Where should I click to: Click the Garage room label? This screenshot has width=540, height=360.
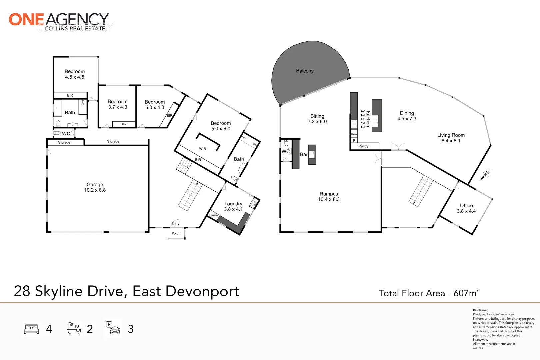coord(95,185)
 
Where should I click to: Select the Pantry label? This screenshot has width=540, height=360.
coord(363,146)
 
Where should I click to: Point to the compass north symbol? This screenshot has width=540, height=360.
coord(486,174)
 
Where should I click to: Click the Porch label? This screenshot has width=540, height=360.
coord(176,233)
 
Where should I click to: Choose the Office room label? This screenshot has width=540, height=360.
coord(466,205)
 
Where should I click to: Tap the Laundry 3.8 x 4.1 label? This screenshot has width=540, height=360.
coord(233,206)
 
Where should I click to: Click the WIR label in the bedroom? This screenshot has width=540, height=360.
coord(203,149)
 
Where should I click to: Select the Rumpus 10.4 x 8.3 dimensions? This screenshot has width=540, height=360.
coord(329,199)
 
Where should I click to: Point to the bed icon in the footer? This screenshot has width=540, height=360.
coord(32,329)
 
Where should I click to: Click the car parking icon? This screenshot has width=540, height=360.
coord(113,328)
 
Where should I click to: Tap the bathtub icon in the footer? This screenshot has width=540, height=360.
coord(74,328)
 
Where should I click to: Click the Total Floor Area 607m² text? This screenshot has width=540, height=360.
coord(429,293)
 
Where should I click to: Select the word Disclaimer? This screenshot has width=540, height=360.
coord(480,310)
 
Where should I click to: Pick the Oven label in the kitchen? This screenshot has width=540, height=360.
coord(354,134)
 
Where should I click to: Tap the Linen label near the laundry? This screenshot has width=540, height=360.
coord(213,215)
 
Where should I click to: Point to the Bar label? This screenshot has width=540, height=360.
coord(304,154)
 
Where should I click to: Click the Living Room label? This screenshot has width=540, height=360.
coord(451,135)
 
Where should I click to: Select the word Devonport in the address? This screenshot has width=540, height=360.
coord(202,292)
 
